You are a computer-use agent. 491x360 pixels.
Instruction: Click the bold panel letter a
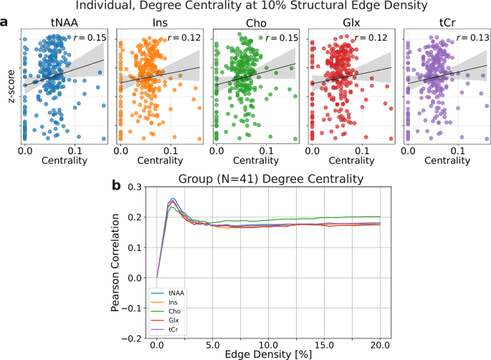(6, 22)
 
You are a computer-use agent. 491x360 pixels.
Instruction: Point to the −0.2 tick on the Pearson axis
(133, 337)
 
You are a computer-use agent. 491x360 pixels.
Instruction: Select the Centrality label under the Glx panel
(350, 162)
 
